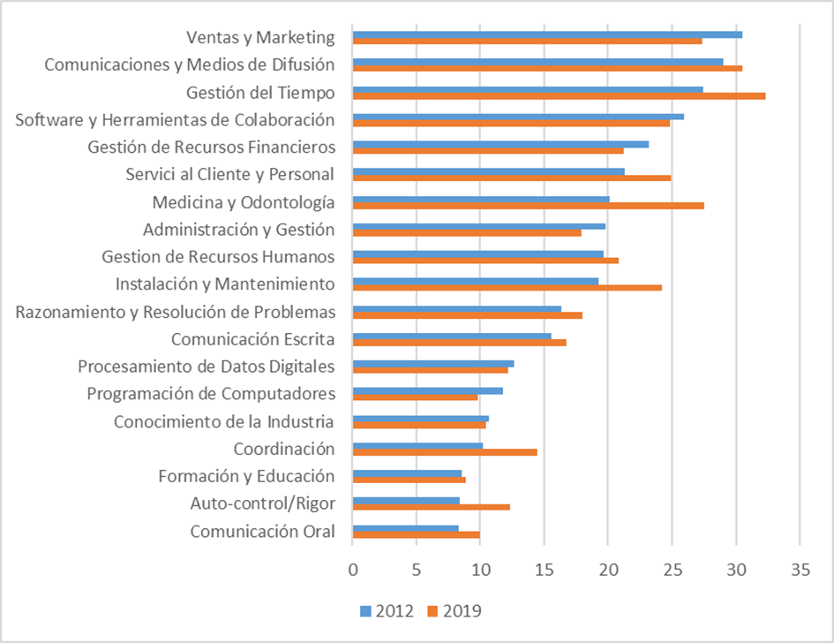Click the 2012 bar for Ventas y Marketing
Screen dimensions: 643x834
pyautogui.click(x=547, y=34)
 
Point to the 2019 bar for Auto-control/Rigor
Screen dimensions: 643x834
pyautogui.click(x=431, y=507)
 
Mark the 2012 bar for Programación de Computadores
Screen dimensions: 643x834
pyautogui.click(x=427, y=390)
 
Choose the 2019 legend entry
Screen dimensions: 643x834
pyautogui.click(x=455, y=610)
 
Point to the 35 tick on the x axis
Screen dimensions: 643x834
pyautogui.click(x=799, y=571)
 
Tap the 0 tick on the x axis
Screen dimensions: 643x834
pyautogui.click(x=352, y=571)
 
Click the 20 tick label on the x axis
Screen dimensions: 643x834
pyautogui.click(x=607, y=571)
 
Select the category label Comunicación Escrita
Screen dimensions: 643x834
pyautogui.click(x=252, y=339)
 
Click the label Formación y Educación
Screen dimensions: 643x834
pyautogui.click(x=246, y=477)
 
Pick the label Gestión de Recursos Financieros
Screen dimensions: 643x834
pyautogui.click(x=211, y=147)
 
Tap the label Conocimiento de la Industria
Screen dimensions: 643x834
pyautogui.click(x=224, y=421)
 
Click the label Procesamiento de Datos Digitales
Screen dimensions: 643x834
pyautogui.click(x=206, y=367)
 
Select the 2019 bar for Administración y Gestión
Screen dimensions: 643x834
pyautogui.click(x=467, y=232)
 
